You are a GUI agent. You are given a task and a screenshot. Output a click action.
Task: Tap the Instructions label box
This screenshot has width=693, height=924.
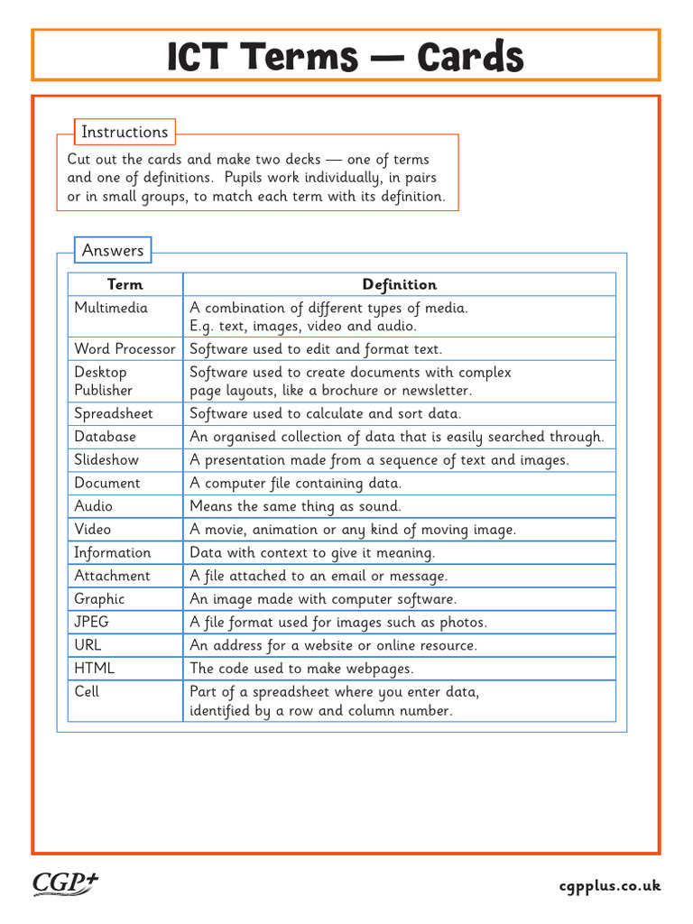125,132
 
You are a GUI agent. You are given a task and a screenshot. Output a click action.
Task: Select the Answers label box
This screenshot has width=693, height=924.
113,250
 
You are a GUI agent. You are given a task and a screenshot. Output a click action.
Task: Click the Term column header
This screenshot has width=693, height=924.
125,284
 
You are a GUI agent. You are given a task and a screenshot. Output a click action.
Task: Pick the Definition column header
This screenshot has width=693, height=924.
399,284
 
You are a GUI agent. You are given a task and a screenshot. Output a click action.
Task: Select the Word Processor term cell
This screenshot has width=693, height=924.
125,349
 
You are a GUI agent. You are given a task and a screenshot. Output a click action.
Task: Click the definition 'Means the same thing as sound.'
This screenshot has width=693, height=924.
295,506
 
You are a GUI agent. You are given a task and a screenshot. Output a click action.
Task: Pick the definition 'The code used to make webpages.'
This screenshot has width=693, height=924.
301,669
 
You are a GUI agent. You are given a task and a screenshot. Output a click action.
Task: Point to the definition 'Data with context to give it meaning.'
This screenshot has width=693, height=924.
312,552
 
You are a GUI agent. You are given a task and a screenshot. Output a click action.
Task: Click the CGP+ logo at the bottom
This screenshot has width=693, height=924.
65,883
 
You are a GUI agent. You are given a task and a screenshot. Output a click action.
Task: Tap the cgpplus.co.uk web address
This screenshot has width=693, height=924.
609,886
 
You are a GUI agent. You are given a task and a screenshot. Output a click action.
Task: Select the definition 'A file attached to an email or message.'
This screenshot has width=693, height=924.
319,576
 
